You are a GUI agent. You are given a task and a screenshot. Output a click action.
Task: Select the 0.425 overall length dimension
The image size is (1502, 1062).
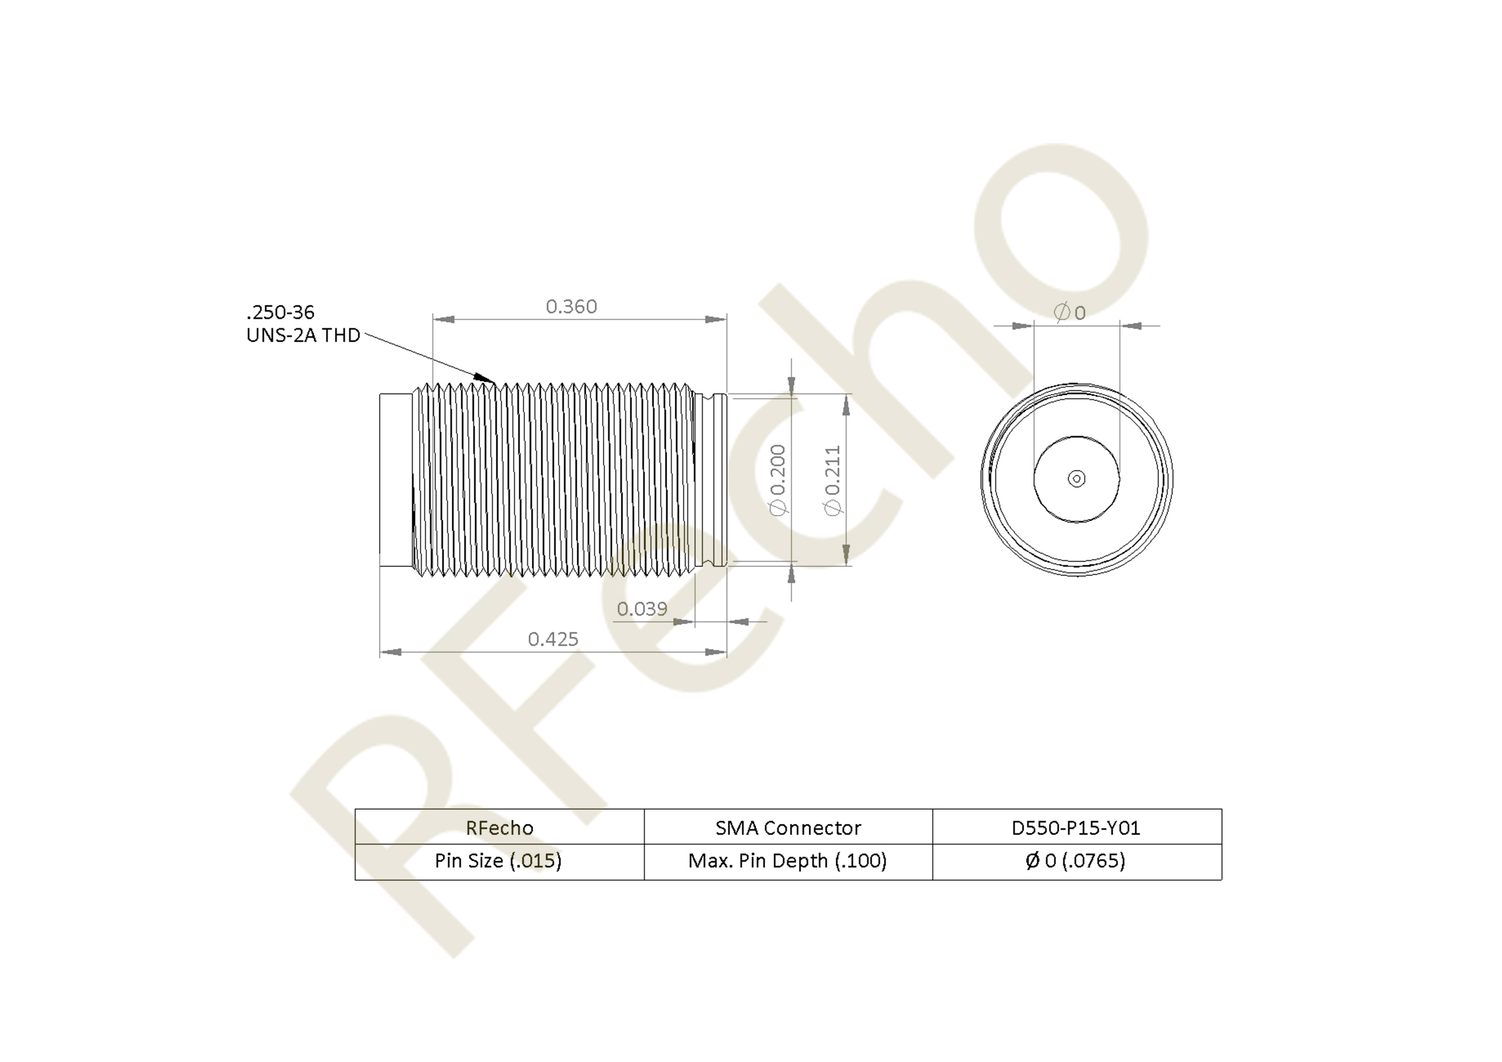coord(553,639)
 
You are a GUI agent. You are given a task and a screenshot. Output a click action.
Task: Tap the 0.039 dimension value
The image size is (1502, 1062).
coord(642,609)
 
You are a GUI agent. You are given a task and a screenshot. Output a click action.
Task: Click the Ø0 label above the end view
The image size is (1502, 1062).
coord(1070,312)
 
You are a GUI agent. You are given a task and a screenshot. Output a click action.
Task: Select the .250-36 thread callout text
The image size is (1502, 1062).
coord(280,312)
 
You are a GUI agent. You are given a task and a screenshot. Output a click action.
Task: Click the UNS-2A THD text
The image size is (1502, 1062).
coord(303,335)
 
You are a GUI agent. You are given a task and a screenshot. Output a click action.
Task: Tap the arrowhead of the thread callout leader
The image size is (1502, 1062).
coord(486,378)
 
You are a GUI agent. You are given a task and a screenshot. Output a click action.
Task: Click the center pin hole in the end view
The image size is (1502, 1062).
coord(1076,479)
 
